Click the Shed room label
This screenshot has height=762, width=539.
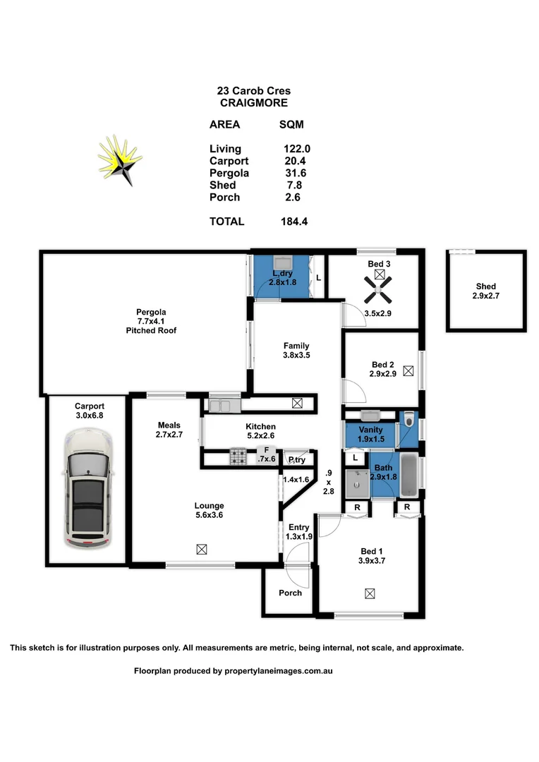coord(485,286)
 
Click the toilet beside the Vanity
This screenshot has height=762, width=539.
coord(409,422)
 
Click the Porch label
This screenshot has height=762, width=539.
coord(290,593)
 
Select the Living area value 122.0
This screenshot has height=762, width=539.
coord(295,149)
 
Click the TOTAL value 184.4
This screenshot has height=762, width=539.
coord(294,222)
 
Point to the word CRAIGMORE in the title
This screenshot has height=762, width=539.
coord(253,102)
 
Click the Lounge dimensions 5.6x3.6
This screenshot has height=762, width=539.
coord(209,515)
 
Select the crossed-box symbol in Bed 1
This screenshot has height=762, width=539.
coord(370,594)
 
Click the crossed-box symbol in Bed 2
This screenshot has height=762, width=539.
coord(408,370)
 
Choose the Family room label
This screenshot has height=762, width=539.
coord(296,346)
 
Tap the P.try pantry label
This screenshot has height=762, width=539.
coord(296,460)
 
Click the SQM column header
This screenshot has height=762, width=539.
coord(291,125)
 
